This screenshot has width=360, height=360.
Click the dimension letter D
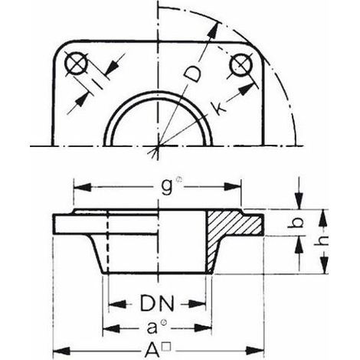(x=193, y=73)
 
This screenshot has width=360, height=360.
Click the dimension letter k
(x=218, y=109)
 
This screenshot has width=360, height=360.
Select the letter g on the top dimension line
(x=167, y=188)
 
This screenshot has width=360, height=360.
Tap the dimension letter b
(x=299, y=223)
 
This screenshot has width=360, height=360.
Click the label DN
(x=157, y=303)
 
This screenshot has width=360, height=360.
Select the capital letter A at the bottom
(x=152, y=350)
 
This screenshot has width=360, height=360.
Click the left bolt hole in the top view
(x=77, y=64)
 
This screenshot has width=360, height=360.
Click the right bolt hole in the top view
(x=241, y=65)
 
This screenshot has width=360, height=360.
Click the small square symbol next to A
(x=167, y=347)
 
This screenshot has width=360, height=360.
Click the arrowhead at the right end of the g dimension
(x=232, y=187)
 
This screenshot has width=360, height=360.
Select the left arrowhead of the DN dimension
(x=117, y=303)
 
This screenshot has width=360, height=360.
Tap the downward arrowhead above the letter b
(x=299, y=201)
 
